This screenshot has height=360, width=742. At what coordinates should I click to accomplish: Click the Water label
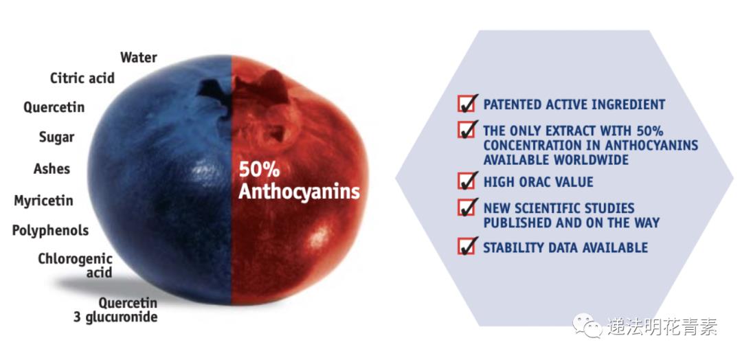point(139,58)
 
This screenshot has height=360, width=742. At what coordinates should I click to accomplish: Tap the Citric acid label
point(82,78)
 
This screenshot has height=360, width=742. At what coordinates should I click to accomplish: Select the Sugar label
point(57,137)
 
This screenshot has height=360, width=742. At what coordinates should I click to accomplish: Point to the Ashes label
point(52,169)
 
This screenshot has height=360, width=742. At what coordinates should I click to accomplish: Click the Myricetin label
point(43,201)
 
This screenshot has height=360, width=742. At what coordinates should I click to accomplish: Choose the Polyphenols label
point(50,231)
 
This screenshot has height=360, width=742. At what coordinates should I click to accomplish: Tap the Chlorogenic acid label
point(76,266)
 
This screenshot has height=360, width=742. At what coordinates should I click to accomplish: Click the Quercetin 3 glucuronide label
point(115,310)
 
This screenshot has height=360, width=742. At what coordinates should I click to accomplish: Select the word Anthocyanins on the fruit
point(299,192)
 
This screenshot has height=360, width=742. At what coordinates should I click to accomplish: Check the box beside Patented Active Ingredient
point(466,104)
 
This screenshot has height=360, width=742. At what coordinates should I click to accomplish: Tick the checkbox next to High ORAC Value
point(466,181)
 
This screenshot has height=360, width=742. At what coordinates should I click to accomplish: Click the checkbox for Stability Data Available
point(466,246)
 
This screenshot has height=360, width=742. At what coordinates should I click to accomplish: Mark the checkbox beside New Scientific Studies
point(466,207)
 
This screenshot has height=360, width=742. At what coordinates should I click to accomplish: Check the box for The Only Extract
point(466,129)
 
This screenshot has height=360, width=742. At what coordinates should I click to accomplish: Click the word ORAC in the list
point(536,182)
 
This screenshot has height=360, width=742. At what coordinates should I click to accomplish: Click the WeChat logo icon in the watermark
point(587,326)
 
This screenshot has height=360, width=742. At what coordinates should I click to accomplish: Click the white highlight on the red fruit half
point(319,235)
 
